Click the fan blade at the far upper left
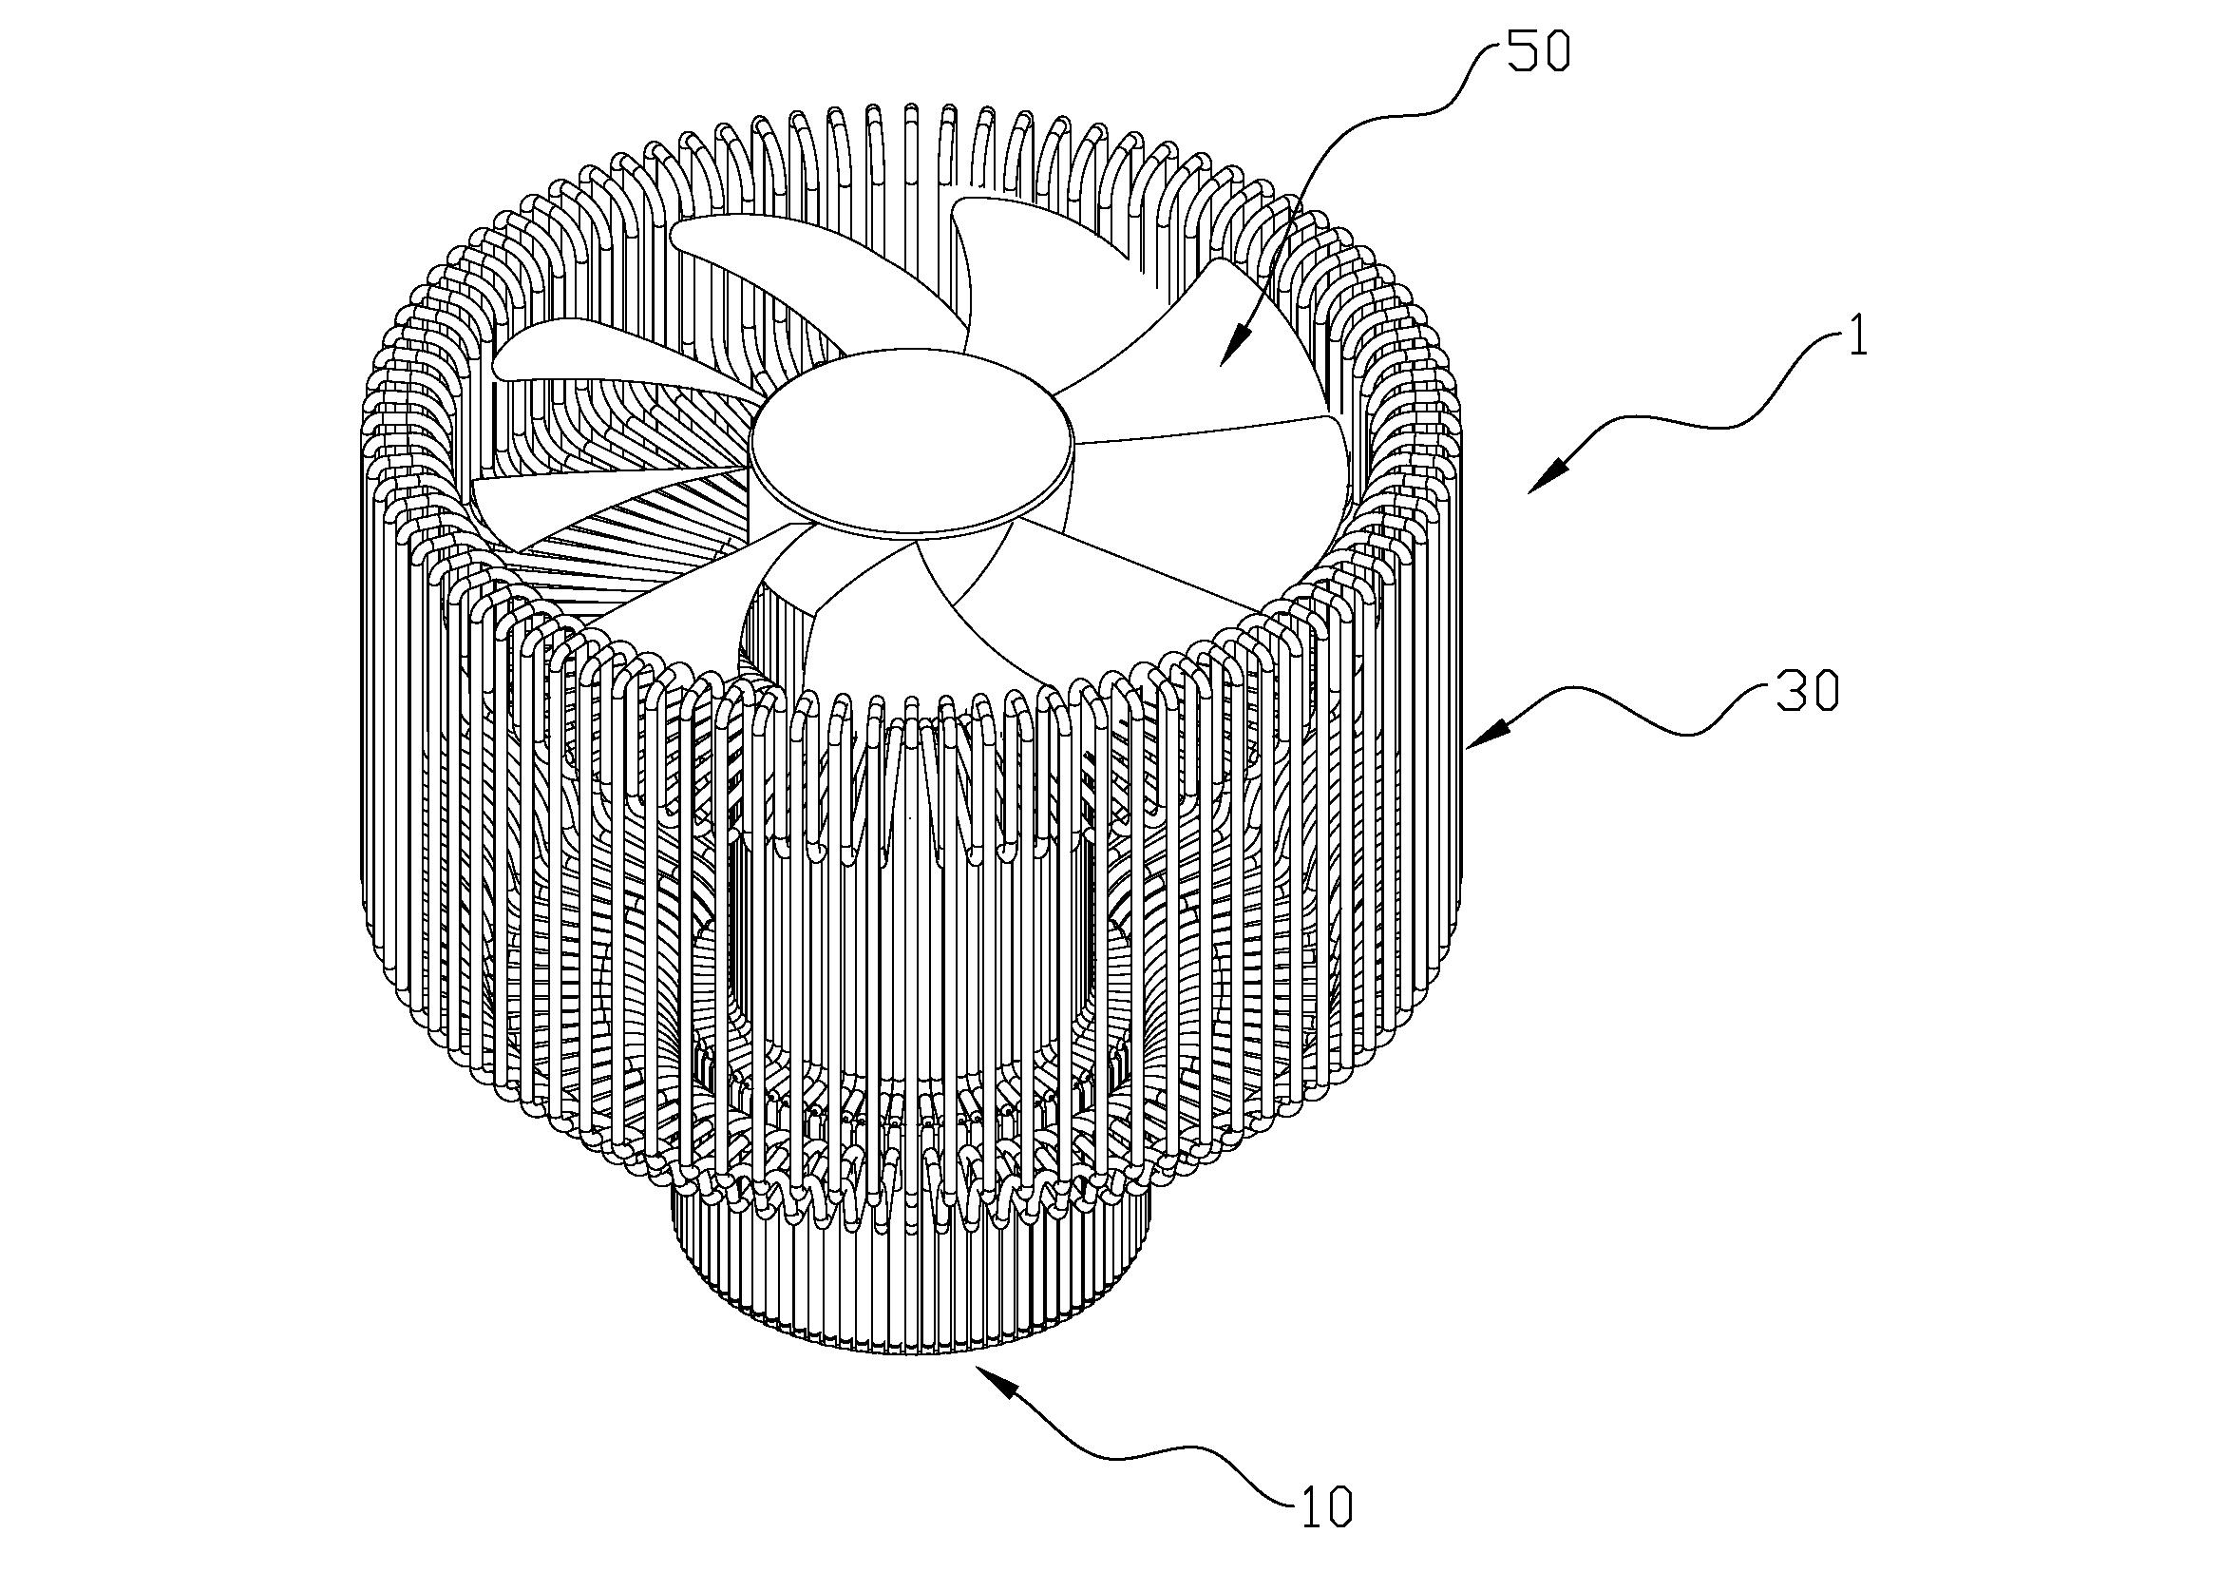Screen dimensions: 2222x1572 tap(745, 261)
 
